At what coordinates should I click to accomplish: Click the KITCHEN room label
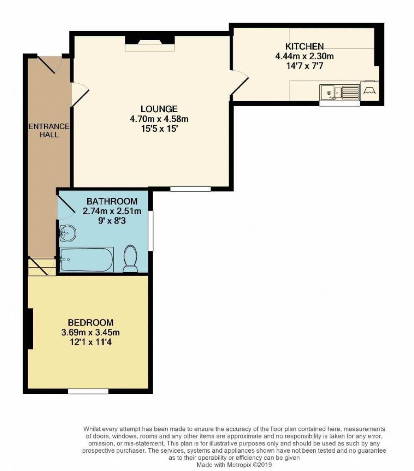coord(304,46)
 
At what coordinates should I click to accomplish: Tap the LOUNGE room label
coord(159,109)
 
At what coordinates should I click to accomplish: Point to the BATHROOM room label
coord(112,201)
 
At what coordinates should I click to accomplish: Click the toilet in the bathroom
coord(131,258)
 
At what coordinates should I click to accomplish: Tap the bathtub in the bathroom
coord(86,260)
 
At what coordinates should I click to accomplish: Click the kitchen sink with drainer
coord(340,92)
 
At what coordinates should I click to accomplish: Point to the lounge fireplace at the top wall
coord(150,43)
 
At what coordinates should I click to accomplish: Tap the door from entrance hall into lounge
coord(80,94)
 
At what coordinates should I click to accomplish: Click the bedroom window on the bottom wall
coord(88,391)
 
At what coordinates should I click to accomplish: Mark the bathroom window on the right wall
coord(151,230)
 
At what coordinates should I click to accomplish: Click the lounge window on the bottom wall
coord(190,189)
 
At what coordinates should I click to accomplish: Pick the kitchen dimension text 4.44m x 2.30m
coord(304,56)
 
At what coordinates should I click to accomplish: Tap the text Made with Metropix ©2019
coord(234,464)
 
